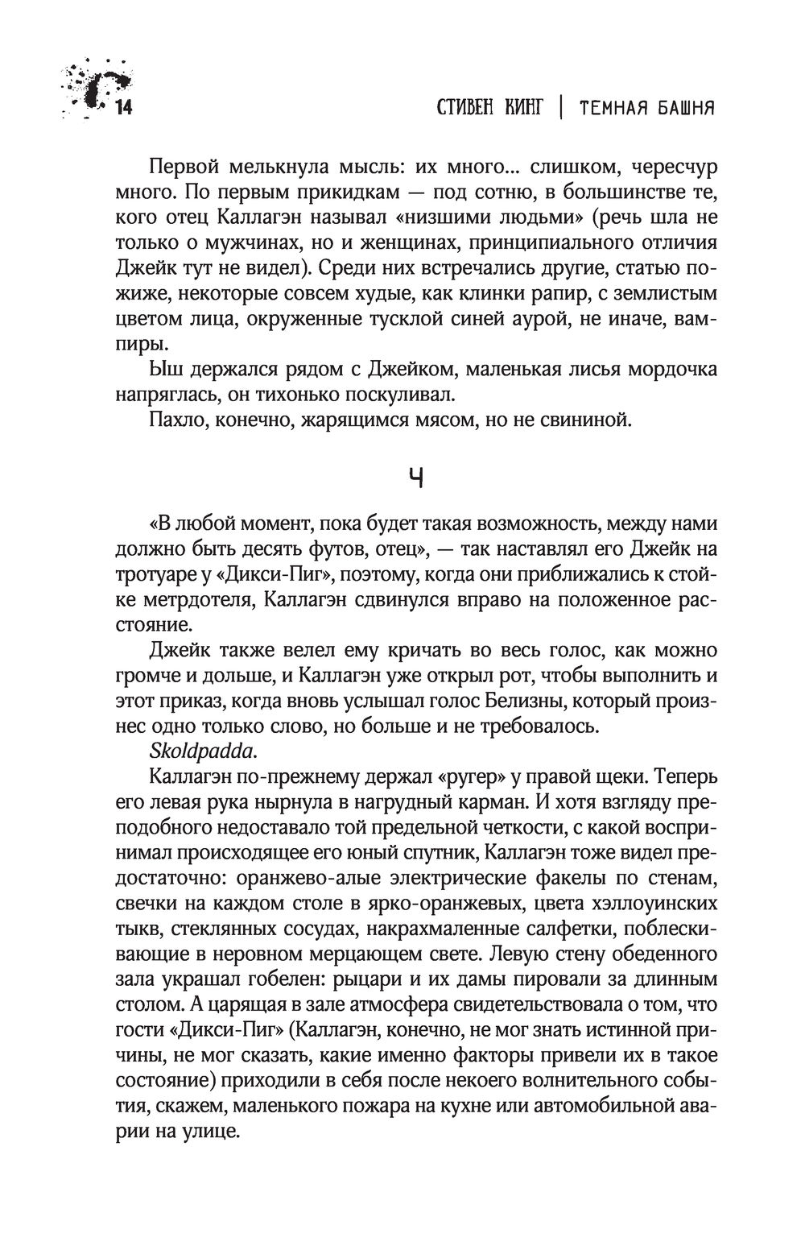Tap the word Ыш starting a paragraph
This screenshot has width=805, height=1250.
pos(162,370)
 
